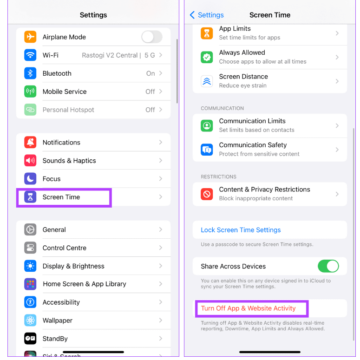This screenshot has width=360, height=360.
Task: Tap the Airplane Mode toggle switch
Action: pyautogui.click(x=152, y=37)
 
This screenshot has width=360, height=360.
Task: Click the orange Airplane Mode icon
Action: pyautogui.click(x=30, y=37)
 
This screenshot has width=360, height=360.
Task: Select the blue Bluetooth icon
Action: pyautogui.click(x=30, y=73)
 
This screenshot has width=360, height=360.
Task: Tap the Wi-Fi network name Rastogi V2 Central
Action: pyautogui.click(x=110, y=55)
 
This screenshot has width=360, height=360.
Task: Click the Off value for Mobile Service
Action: pyautogui.click(x=150, y=92)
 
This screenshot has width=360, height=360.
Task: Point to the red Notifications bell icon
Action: pyautogui.click(x=30, y=142)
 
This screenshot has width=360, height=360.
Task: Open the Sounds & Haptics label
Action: pyautogui.click(x=69, y=160)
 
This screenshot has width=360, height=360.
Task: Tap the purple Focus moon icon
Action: pyautogui.click(x=30, y=179)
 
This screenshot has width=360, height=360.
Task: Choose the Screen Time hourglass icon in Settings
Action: pyautogui.click(x=30, y=197)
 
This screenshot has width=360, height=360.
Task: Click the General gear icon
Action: pyautogui.click(x=30, y=229)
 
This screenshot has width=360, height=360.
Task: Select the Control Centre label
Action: pyautogui.click(x=65, y=248)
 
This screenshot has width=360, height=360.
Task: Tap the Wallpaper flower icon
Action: pyautogui.click(x=30, y=320)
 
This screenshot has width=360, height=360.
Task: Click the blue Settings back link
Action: pyautogui.click(x=207, y=15)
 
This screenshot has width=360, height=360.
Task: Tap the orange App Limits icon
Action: pyautogui.click(x=207, y=33)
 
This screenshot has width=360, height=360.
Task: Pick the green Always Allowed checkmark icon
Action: pyautogui.click(x=207, y=57)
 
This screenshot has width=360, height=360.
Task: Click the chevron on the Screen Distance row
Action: pyautogui.click(x=337, y=81)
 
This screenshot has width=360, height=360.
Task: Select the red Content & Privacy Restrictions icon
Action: pyautogui.click(x=207, y=194)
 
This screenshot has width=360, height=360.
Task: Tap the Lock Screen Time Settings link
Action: pyautogui.click(x=241, y=230)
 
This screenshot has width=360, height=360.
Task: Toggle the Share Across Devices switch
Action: pyautogui.click(x=328, y=266)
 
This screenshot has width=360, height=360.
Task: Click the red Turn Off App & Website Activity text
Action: pyautogui.click(x=248, y=308)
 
